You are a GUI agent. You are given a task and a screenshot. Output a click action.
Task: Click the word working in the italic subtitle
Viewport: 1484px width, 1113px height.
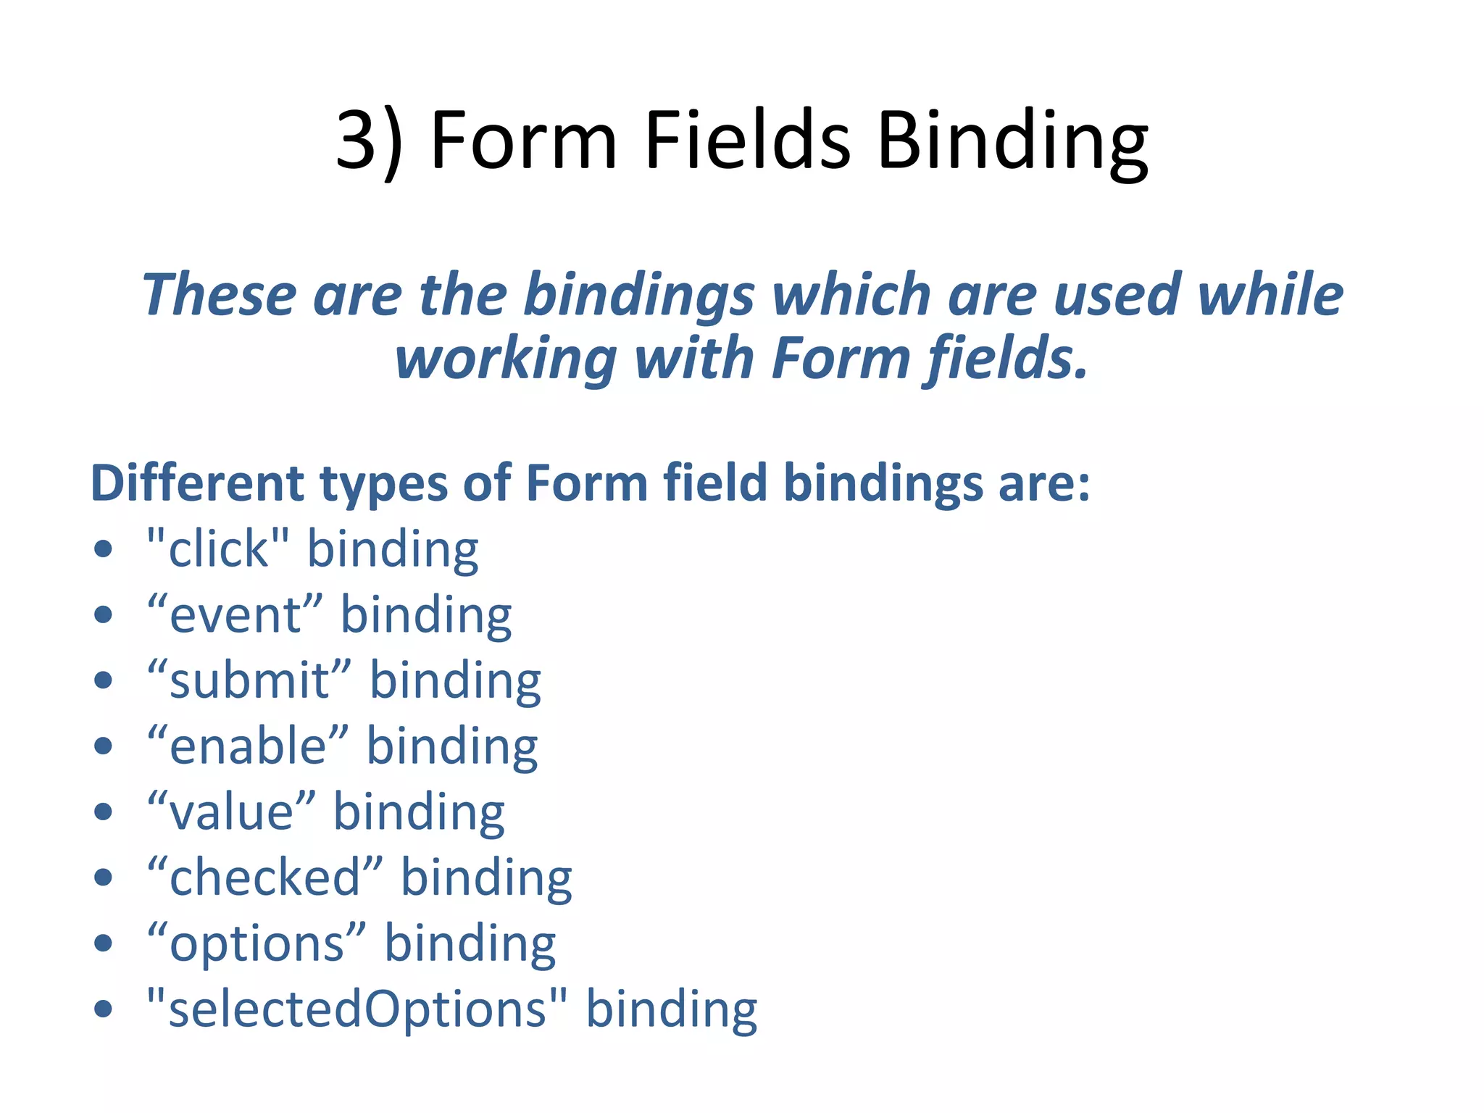505,358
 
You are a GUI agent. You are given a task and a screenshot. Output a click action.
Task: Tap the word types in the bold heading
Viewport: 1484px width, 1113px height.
384,484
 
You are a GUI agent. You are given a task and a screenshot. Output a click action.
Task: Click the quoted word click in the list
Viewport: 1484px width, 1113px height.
218,549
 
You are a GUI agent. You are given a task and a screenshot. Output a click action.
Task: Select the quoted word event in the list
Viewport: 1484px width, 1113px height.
235,614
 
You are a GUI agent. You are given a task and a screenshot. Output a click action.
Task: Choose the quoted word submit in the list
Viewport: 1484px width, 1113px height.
249,680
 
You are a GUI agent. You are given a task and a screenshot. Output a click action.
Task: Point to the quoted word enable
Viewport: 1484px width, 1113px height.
248,746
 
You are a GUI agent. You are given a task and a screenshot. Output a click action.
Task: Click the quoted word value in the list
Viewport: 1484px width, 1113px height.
231,812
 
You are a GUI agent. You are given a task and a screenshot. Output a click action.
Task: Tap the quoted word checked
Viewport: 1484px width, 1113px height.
264,878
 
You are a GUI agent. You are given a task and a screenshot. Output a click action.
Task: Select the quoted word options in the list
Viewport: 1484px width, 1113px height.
257,944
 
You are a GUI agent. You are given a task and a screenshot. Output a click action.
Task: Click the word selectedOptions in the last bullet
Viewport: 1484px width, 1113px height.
357,1009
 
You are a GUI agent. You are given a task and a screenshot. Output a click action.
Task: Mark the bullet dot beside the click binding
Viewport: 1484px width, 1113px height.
104,549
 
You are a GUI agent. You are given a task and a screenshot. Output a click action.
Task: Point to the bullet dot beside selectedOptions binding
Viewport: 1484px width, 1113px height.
104,1009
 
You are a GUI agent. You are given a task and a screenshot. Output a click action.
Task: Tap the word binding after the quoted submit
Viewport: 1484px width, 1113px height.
455,682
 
